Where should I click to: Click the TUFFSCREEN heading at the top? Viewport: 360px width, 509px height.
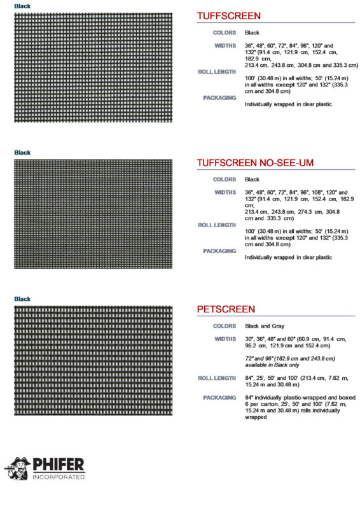228,16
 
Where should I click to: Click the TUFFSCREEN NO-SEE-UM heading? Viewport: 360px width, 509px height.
255,163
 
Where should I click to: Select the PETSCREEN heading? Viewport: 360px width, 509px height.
226,309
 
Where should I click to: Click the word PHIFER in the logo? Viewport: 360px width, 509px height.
59,464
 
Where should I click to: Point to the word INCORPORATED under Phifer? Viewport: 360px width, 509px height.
59,477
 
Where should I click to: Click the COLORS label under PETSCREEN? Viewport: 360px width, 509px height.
225,326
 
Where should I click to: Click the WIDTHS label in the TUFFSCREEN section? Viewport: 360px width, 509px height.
225,45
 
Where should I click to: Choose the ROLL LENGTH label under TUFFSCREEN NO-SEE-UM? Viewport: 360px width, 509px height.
217,225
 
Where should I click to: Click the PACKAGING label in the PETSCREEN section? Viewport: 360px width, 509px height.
219,398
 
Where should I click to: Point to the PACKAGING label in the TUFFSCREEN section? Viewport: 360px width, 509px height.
219,98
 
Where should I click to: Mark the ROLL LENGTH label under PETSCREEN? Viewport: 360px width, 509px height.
217,378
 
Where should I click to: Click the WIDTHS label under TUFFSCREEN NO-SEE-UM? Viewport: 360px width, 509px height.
225,192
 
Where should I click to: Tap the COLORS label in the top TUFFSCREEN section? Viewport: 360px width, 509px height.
225,32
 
